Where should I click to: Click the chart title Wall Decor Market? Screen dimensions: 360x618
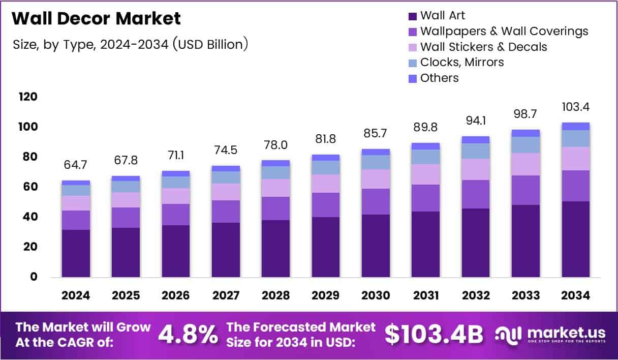[96, 19]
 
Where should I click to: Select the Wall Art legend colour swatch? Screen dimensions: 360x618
[413, 16]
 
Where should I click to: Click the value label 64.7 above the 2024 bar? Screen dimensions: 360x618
[76, 165]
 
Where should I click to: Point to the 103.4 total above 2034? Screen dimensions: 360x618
[576, 107]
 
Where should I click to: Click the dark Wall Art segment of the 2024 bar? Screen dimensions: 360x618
[76, 253]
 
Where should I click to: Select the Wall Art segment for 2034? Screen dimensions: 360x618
[576, 239]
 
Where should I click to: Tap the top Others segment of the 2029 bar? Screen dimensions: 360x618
[326, 158]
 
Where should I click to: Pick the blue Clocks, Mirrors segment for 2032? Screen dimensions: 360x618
[476, 151]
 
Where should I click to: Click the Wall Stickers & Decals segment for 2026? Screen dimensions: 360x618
[176, 196]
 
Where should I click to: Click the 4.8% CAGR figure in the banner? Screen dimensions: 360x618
[188, 335]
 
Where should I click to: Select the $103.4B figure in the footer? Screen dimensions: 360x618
[434, 335]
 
